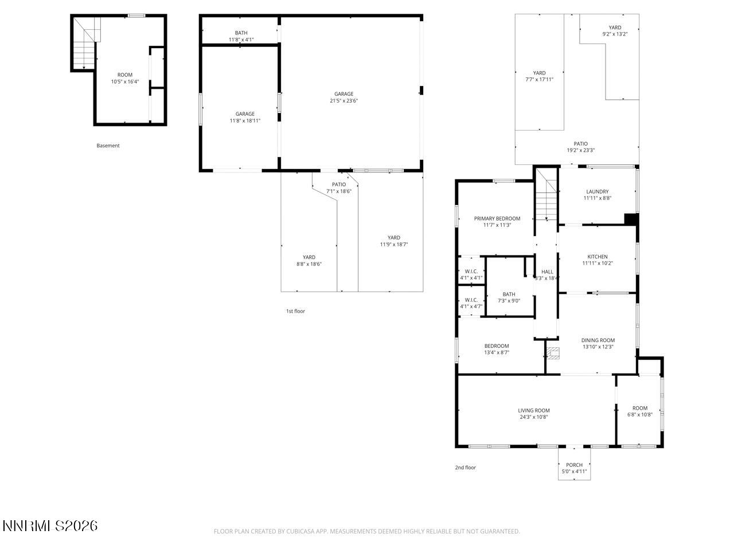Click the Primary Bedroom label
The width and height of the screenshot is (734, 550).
click(x=497, y=219)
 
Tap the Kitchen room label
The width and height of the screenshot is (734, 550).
click(x=597, y=257)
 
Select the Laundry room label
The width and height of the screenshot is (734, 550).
click(x=597, y=192)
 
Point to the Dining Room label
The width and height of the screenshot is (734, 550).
click(x=598, y=340)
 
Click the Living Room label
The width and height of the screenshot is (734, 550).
click(x=533, y=411)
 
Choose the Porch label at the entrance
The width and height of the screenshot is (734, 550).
click(x=574, y=465)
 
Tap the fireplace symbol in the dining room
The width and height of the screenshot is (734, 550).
click(x=552, y=352)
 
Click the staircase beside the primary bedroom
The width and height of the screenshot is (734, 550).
click(x=546, y=201)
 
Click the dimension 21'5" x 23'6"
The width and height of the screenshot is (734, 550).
click(x=344, y=101)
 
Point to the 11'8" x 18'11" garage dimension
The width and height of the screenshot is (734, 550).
click(x=245, y=121)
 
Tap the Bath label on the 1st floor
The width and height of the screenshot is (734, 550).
click(x=241, y=33)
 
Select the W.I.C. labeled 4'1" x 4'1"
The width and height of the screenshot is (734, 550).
click(x=471, y=274)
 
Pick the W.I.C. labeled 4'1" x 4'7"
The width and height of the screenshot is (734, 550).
click(x=471, y=303)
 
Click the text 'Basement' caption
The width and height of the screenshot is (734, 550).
click(x=108, y=146)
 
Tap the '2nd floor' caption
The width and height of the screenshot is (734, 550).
click(x=465, y=468)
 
